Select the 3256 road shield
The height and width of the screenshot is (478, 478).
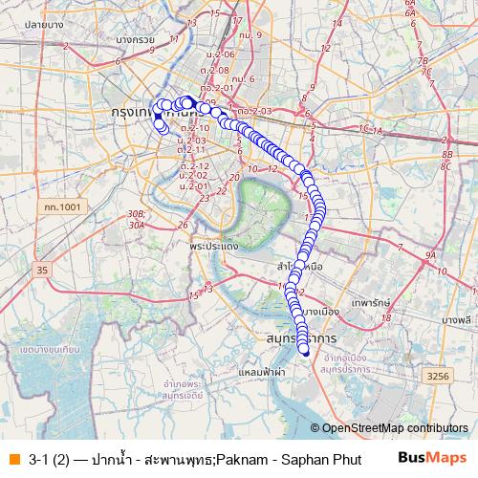pos(437,377)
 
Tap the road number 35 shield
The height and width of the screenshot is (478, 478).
pos(41,271)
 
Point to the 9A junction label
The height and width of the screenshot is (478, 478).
pos(430,256)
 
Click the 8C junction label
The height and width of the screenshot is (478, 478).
pos(445,165)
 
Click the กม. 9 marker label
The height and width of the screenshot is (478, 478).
pos(252,34)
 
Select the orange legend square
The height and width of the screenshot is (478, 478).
pos(13,458)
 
